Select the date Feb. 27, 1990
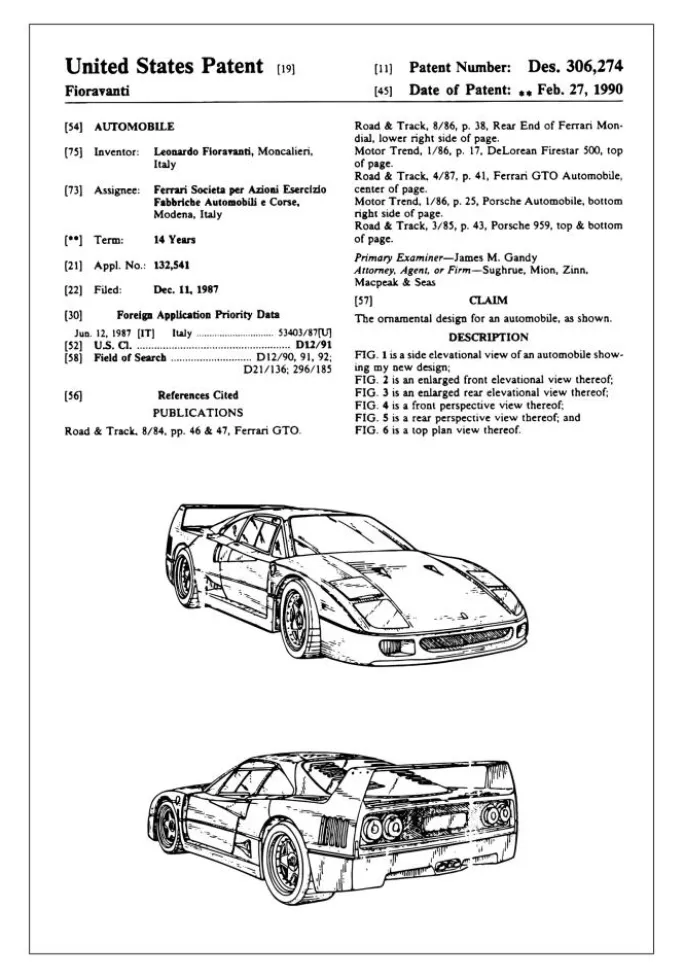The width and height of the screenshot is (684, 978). click(x=581, y=90)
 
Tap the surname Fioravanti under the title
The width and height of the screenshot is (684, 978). click(x=97, y=91)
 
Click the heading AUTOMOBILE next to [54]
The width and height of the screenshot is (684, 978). click(x=134, y=127)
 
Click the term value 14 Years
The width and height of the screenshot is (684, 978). click(x=174, y=240)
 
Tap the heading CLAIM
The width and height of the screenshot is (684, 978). click(x=488, y=300)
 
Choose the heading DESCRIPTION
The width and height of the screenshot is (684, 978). click(x=488, y=338)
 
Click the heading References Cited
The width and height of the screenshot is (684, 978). click(x=198, y=395)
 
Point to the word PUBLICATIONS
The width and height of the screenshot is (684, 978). click(x=197, y=412)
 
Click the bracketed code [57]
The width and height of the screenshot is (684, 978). click(x=366, y=300)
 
